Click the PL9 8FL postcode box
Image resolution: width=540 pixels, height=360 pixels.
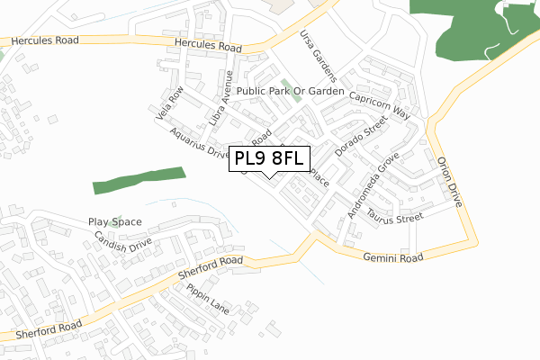pos(269,159)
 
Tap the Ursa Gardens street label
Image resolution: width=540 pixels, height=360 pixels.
pos(318,57)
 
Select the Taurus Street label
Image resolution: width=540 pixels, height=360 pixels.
pos(395,218)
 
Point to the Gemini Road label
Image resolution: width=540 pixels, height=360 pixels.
pos(392,257)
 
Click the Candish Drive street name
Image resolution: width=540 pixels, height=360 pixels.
pos(123,245)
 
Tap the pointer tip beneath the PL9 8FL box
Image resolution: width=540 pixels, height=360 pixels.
pos(269,178)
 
